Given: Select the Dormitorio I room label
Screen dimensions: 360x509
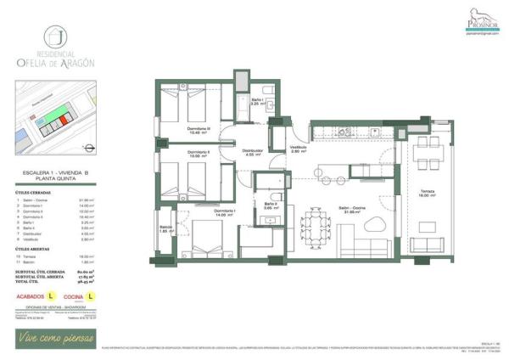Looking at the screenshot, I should pos(224,213).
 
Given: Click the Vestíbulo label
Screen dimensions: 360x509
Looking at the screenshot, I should pos(298,148).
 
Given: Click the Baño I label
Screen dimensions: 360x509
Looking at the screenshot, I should pos(259,102).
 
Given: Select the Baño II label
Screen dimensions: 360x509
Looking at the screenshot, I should pos(271,205).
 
